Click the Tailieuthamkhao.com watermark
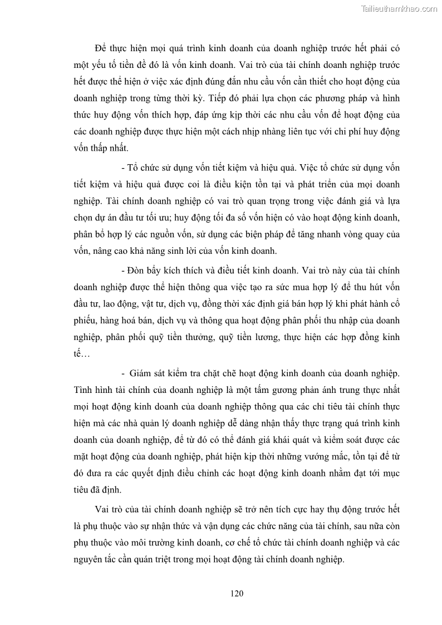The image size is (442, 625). [399, 8]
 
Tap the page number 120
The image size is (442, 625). [237, 593]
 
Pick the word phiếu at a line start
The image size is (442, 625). [85, 321]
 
